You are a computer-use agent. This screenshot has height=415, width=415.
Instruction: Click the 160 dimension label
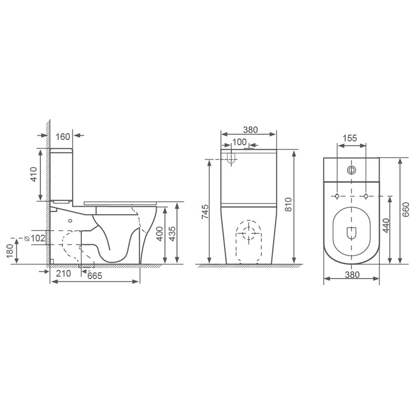63,137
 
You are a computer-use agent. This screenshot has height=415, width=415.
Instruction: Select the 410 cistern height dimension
34,174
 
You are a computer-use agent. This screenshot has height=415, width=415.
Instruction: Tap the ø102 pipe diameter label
35,238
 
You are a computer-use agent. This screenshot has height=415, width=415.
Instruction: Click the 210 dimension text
63,273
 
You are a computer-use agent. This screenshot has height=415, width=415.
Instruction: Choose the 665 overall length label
95,276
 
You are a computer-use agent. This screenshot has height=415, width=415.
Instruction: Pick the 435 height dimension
172,234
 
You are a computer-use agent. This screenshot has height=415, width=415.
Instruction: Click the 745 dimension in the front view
205,212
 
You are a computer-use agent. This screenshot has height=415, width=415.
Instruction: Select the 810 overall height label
288,204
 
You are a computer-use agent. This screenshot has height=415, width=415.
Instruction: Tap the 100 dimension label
239,142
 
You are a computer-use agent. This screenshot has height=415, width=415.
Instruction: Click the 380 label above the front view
250,129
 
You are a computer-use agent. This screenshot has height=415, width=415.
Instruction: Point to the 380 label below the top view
352,274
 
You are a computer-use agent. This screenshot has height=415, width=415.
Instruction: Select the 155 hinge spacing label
350,138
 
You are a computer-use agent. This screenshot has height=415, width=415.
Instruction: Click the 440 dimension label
386,225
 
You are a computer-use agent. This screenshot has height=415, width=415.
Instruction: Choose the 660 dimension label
405,210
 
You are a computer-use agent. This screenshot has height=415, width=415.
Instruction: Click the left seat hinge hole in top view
337,196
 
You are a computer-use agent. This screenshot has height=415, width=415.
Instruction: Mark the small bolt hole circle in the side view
70,221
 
